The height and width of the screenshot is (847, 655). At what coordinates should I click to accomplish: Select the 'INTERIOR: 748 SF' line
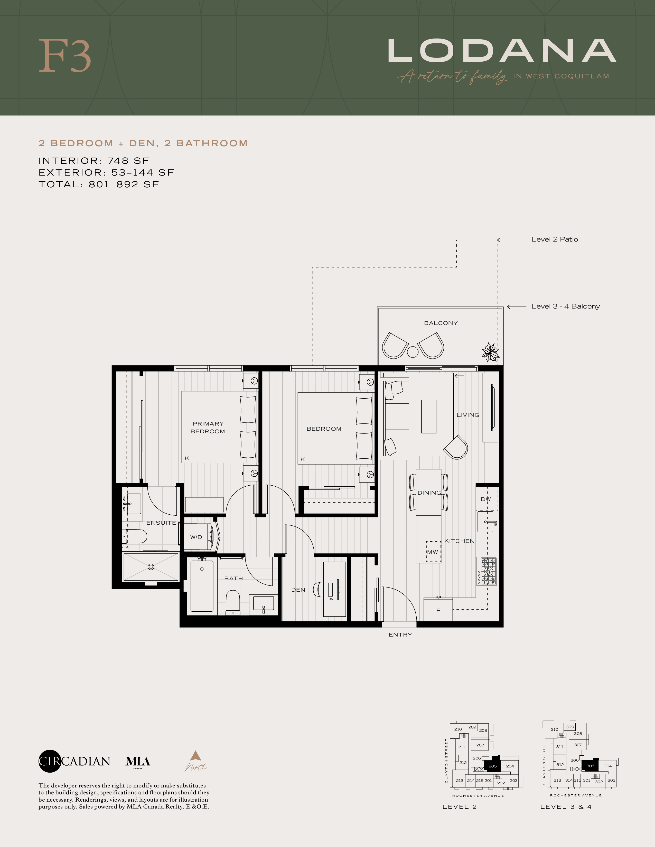[x=94, y=161]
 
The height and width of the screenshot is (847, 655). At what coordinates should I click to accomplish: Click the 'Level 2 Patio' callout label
[x=555, y=239]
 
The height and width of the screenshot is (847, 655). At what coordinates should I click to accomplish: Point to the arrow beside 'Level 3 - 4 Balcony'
[x=517, y=307]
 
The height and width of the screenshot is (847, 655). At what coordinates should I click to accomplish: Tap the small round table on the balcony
[x=413, y=352]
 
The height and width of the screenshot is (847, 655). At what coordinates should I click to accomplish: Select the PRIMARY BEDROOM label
[x=208, y=427]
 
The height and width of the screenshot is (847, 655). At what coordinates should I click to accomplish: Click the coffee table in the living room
[x=429, y=416]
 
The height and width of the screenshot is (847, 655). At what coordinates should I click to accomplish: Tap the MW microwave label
[x=432, y=552]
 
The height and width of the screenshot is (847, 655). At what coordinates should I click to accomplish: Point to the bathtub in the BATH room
[x=202, y=586]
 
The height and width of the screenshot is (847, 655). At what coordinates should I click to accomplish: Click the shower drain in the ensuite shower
[x=151, y=567]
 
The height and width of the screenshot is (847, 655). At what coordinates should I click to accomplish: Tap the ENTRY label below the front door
[x=400, y=635]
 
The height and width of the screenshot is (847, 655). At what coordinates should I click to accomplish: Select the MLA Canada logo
[x=138, y=762]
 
